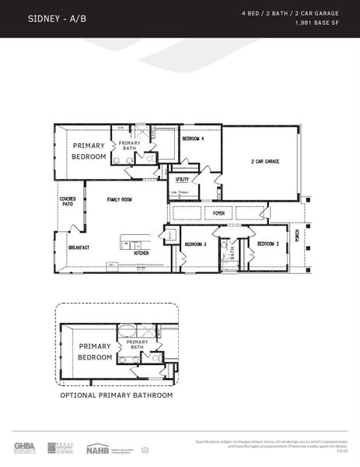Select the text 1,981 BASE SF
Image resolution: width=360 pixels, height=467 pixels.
click(320, 23)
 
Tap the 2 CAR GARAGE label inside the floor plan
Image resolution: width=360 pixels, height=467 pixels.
click(264, 162)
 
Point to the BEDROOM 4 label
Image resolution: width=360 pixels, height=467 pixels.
click(194, 139)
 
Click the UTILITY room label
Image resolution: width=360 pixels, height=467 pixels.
click(182, 179)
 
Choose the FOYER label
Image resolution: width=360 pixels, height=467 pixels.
click(219, 212)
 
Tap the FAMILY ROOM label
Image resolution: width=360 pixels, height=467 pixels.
click(120, 199)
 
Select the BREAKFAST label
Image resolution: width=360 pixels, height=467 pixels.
click(79, 248)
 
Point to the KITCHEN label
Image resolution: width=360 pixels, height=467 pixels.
click(141, 253)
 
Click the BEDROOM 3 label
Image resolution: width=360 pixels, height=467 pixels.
click(195, 244)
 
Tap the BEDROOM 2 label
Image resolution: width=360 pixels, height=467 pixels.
click(268, 244)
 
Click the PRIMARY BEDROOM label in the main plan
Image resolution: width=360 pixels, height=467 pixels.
click(89, 151)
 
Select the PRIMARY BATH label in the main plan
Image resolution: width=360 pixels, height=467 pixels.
click(130, 146)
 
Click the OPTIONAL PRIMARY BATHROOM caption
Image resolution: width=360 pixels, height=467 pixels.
click(117, 395)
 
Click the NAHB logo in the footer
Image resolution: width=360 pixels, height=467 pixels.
click(97, 448)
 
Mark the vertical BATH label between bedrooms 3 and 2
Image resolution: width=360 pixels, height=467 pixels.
click(232, 252)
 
